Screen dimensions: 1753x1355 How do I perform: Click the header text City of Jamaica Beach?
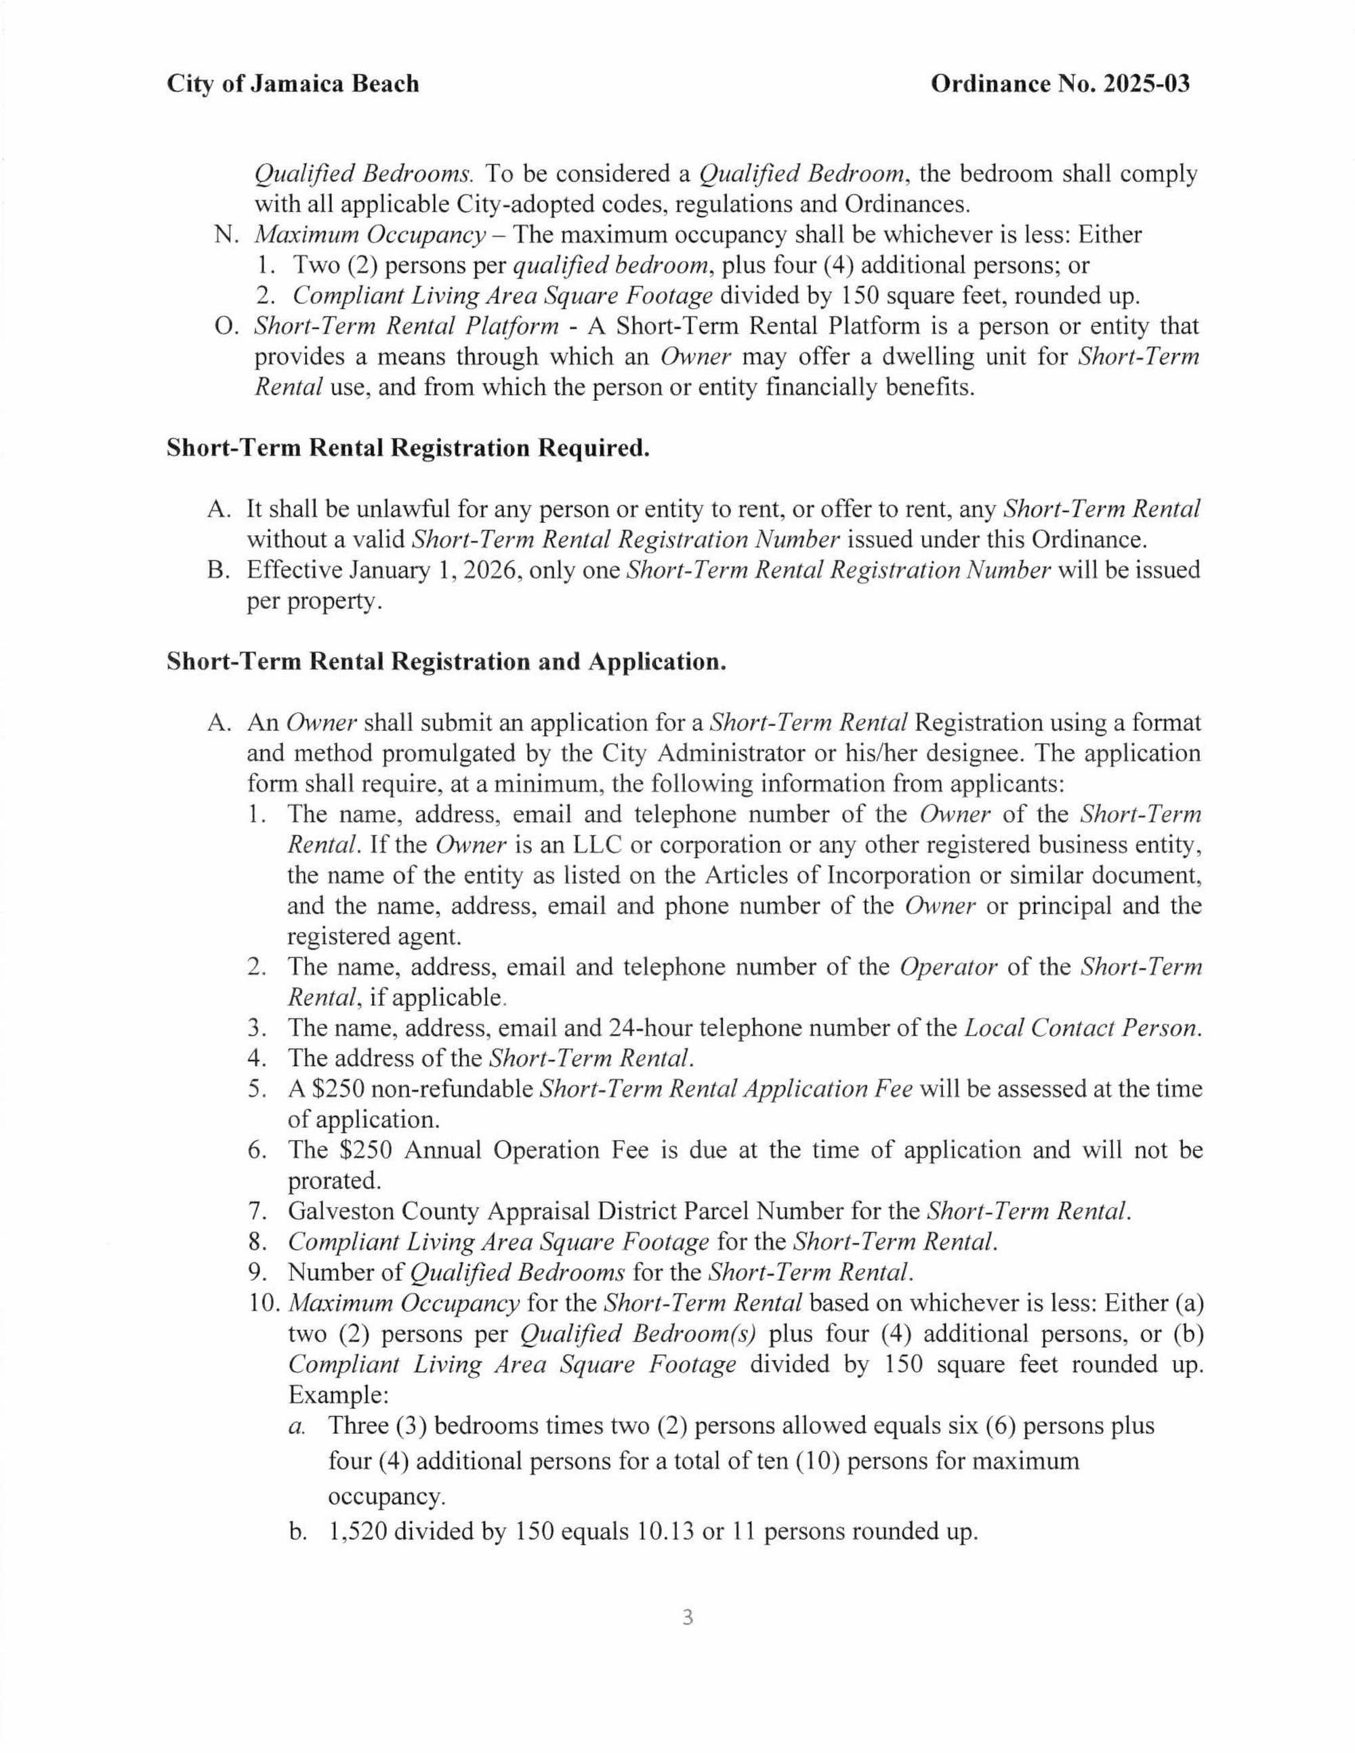click(292, 83)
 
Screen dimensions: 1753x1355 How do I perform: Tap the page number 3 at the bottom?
click(687, 1618)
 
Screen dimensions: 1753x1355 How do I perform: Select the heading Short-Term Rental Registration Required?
click(408, 448)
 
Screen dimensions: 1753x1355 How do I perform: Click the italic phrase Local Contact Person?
click(1083, 1028)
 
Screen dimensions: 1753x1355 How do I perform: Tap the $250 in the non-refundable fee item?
click(338, 1089)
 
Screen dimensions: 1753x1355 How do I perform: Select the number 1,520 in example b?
click(358, 1532)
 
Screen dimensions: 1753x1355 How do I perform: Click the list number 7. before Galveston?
click(257, 1211)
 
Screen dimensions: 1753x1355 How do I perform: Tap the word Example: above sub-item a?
click(338, 1395)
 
